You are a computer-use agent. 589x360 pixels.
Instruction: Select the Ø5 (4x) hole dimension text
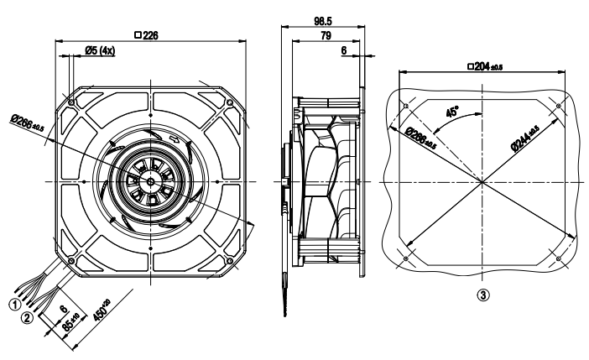(100, 51)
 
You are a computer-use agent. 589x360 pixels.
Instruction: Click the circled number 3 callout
(482, 295)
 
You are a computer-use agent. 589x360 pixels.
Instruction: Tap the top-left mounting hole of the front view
(72, 103)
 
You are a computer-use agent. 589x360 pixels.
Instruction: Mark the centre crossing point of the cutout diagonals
(481, 181)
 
